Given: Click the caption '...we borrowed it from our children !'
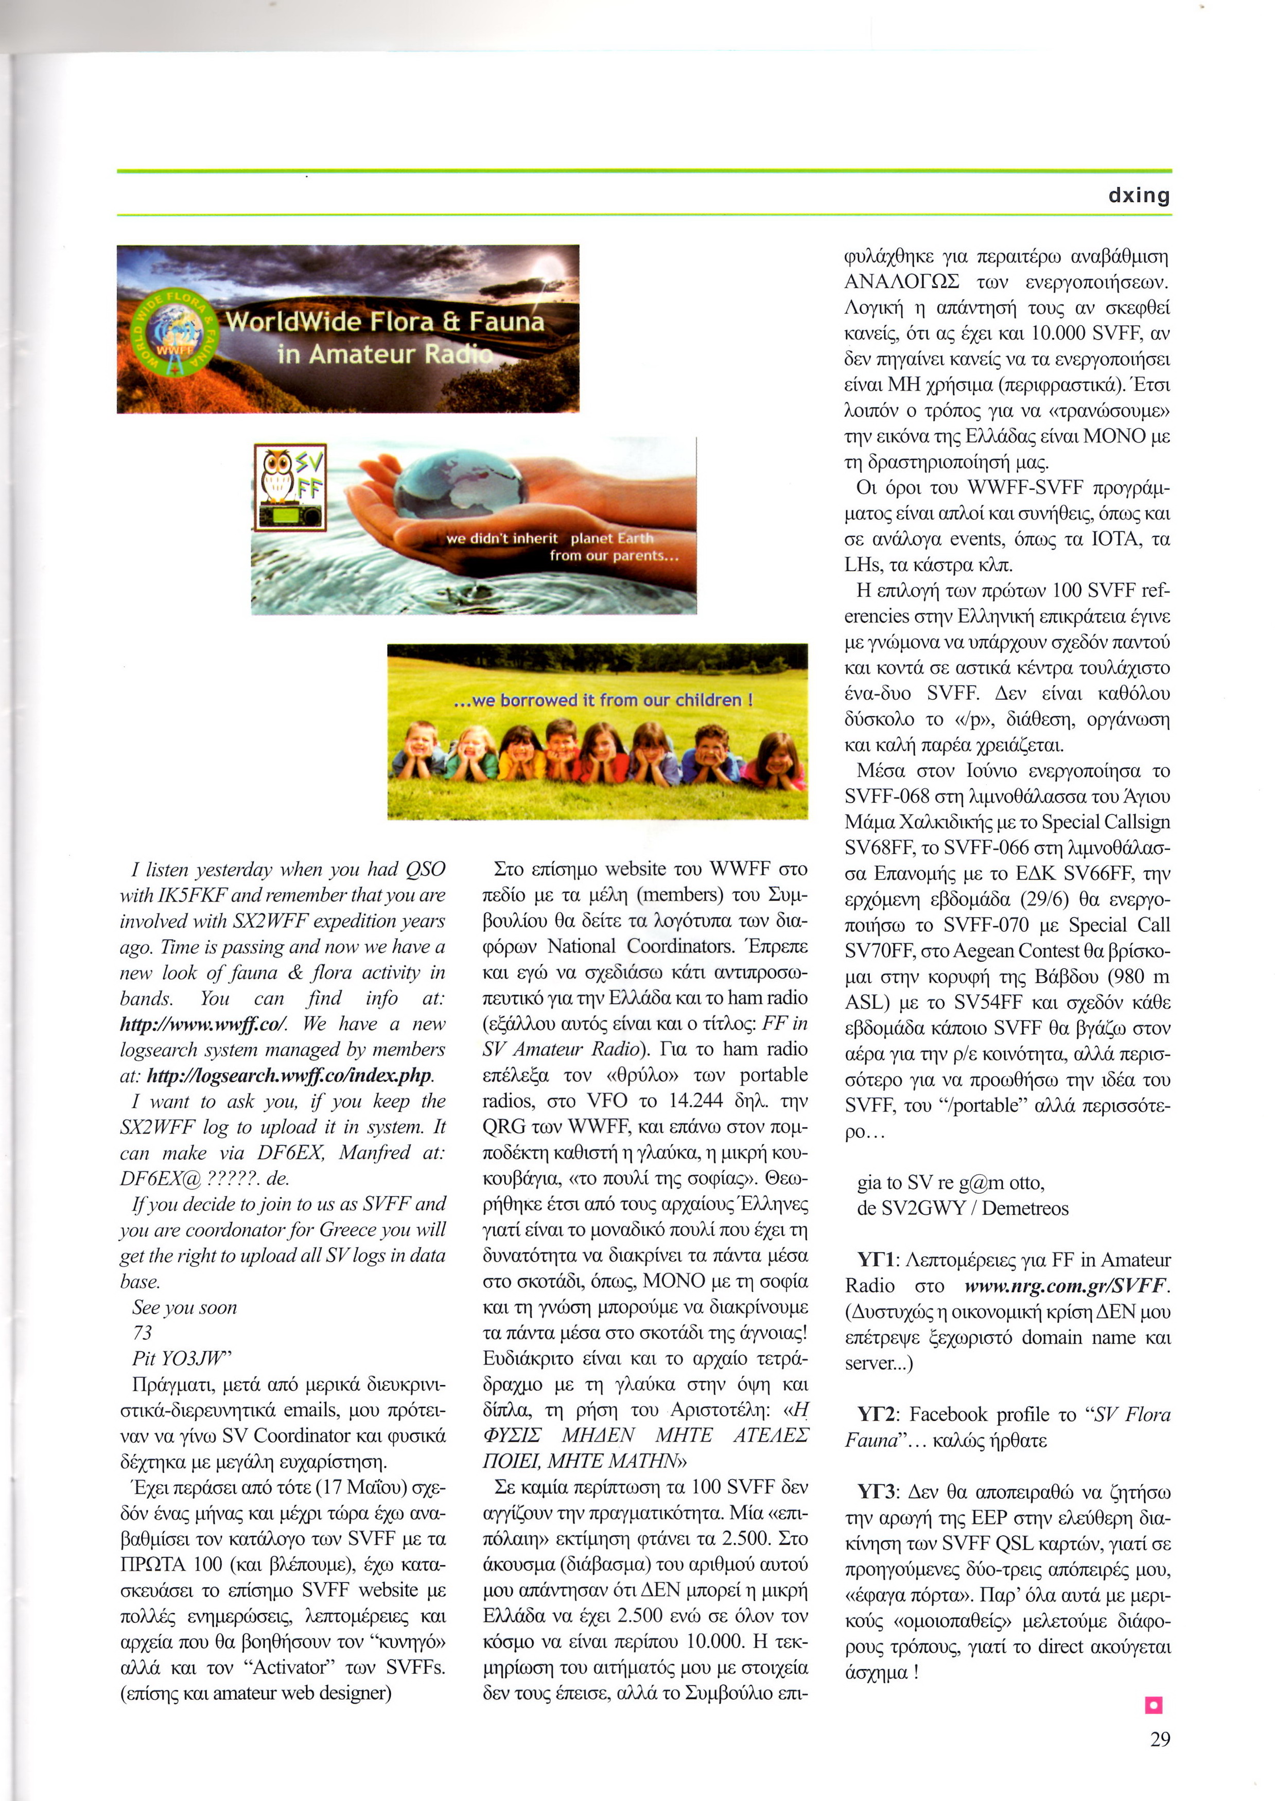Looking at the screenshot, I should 603,699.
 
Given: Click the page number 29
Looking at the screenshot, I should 1160,1739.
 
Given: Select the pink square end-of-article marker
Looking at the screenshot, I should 1154,1704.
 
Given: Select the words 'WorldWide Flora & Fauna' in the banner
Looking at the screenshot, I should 385,322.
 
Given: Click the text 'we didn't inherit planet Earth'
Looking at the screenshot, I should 550,538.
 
